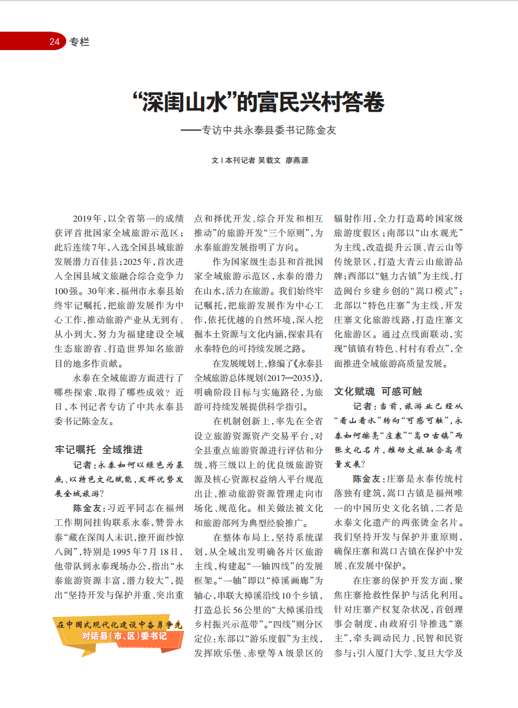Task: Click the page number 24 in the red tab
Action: pos(55,41)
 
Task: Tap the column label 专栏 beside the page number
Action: pos(79,41)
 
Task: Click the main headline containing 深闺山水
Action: pos(258,102)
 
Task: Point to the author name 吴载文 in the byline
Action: pos(269,161)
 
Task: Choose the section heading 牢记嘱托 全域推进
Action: pos(98,449)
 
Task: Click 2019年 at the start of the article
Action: pos(86,219)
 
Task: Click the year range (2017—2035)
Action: pos(286,378)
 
